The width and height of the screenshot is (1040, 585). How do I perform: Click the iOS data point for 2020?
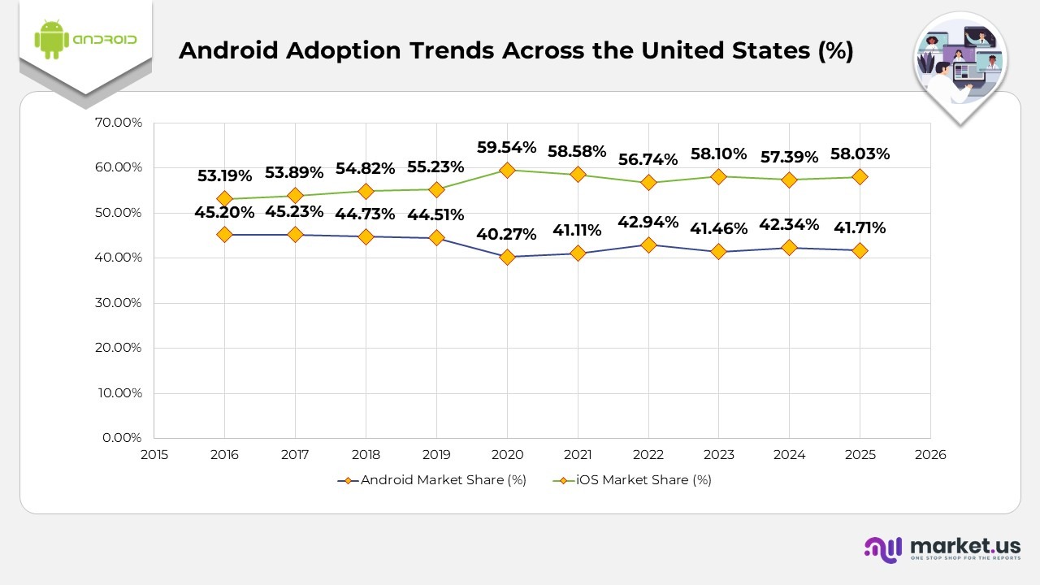click(x=507, y=170)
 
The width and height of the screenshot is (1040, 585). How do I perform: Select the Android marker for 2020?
click(x=507, y=257)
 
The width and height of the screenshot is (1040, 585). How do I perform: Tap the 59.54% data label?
click(x=507, y=147)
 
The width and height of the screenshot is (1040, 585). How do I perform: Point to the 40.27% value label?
click(x=507, y=234)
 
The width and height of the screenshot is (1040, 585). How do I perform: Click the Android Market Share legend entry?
click(x=432, y=480)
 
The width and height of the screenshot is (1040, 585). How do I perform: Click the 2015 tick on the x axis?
click(x=154, y=455)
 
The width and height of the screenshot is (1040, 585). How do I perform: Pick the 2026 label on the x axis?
click(x=930, y=455)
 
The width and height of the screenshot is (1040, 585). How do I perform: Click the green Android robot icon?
click(x=50, y=39)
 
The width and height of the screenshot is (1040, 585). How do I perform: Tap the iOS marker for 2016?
click(x=225, y=198)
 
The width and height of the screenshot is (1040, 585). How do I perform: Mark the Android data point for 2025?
click(x=860, y=250)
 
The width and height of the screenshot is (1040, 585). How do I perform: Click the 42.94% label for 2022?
click(x=648, y=223)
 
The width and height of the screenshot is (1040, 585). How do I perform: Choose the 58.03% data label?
click(x=860, y=154)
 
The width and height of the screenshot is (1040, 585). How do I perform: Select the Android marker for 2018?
click(x=366, y=236)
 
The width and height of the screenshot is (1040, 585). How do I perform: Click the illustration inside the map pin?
click(x=960, y=63)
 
